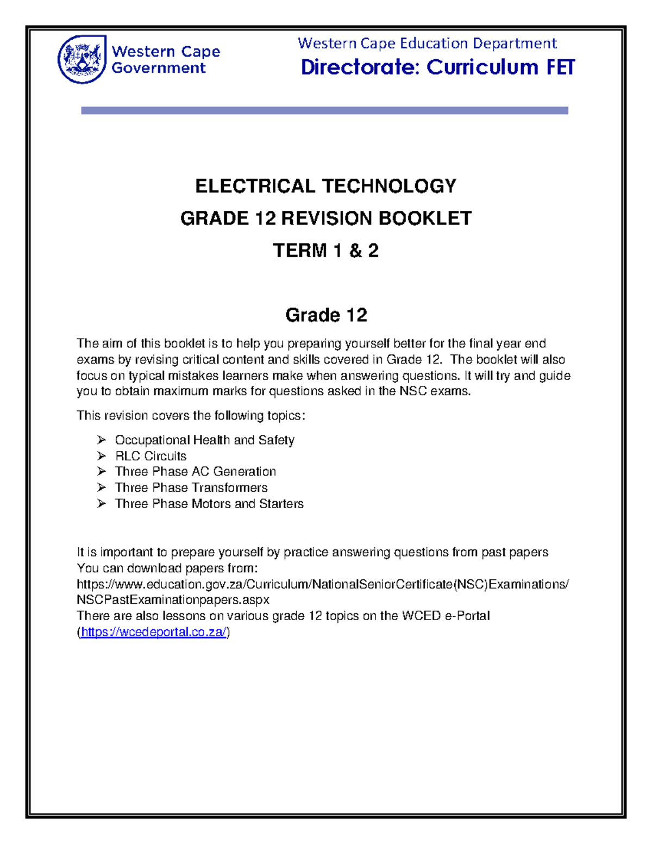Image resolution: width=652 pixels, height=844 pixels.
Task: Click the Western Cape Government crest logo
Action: (x=81, y=59)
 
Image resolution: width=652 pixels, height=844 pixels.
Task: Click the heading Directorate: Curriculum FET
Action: (x=437, y=67)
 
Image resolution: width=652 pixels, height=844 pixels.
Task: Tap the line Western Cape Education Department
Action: (x=427, y=43)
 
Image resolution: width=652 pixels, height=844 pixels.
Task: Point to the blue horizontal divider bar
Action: (x=324, y=110)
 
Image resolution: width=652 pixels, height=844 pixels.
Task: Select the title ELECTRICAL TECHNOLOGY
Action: (x=325, y=186)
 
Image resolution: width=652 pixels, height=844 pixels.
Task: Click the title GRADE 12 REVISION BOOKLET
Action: (x=325, y=218)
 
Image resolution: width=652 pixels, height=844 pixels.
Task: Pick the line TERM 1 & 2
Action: (x=325, y=251)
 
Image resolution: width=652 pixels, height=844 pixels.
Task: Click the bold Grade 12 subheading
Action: (x=326, y=315)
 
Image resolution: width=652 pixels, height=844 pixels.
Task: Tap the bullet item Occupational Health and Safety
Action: (x=204, y=440)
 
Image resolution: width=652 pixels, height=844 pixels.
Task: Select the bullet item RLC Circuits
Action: (x=151, y=456)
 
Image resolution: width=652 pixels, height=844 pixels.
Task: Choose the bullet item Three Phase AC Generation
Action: (x=195, y=471)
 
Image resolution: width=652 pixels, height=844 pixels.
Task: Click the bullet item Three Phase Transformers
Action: (x=191, y=487)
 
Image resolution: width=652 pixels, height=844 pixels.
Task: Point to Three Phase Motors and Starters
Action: (x=209, y=504)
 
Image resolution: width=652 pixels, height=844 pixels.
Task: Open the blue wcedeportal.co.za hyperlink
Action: (x=153, y=632)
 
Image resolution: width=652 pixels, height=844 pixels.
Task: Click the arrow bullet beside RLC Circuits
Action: (x=102, y=455)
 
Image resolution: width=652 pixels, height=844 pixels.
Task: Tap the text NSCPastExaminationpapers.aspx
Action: (x=173, y=600)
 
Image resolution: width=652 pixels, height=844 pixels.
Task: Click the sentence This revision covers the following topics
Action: (x=191, y=416)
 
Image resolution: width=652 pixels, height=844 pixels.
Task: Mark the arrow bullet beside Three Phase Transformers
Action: (x=102, y=487)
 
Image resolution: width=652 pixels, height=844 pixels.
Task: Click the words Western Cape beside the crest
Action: (x=166, y=52)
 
